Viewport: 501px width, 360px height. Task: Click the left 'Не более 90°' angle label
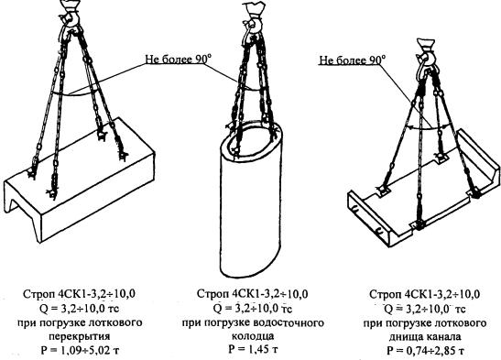click(x=179, y=60)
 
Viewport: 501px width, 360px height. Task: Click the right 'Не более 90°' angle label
click(x=352, y=60)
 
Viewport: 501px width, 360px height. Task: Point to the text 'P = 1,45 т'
click(x=253, y=349)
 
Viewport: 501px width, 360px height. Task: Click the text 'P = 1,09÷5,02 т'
click(x=80, y=350)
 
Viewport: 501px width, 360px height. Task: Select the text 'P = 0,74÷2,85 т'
click(x=425, y=351)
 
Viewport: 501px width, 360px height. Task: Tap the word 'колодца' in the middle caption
click(x=253, y=336)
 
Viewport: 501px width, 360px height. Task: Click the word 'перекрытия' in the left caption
click(x=80, y=336)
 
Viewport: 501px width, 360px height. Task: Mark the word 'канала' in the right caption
click(x=442, y=337)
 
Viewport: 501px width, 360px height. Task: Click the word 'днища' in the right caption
click(x=405, y=337)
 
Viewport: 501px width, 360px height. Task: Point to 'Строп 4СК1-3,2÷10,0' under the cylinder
click(x=253, y=294)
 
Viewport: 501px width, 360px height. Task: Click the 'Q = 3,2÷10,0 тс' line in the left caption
click(x=80, y=309)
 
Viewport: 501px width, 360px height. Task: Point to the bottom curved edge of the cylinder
click(x=251, y=276)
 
